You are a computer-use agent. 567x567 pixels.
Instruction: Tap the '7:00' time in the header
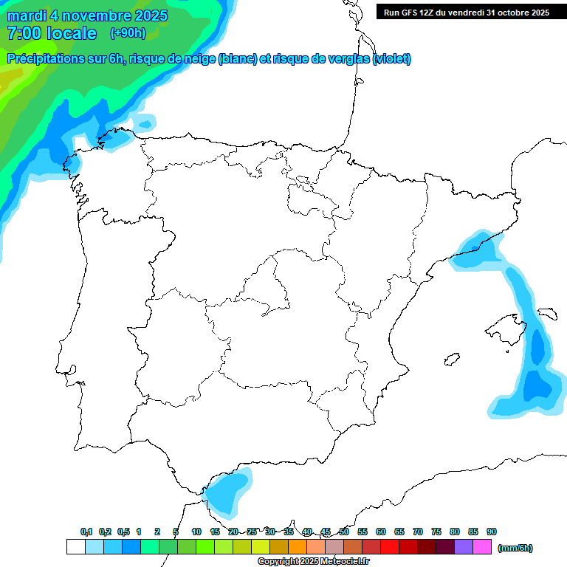[21, 33]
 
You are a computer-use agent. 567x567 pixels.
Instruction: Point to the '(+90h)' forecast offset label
[128, 32]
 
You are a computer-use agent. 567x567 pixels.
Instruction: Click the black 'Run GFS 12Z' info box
[465, 12]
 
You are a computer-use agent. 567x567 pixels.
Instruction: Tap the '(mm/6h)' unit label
[515, 548]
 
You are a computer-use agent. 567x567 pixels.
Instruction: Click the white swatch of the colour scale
[75, 547]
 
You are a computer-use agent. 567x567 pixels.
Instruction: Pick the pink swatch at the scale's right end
[483, 547]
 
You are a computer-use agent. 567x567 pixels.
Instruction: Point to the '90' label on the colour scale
[492, 532]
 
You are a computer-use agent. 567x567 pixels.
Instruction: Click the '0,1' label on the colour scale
[86, 532]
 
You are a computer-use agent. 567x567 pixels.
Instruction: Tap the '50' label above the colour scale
[344, 532]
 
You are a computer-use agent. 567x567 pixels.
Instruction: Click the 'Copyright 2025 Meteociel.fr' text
[313, 562]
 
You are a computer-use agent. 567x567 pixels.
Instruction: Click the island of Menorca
[547, 313]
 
